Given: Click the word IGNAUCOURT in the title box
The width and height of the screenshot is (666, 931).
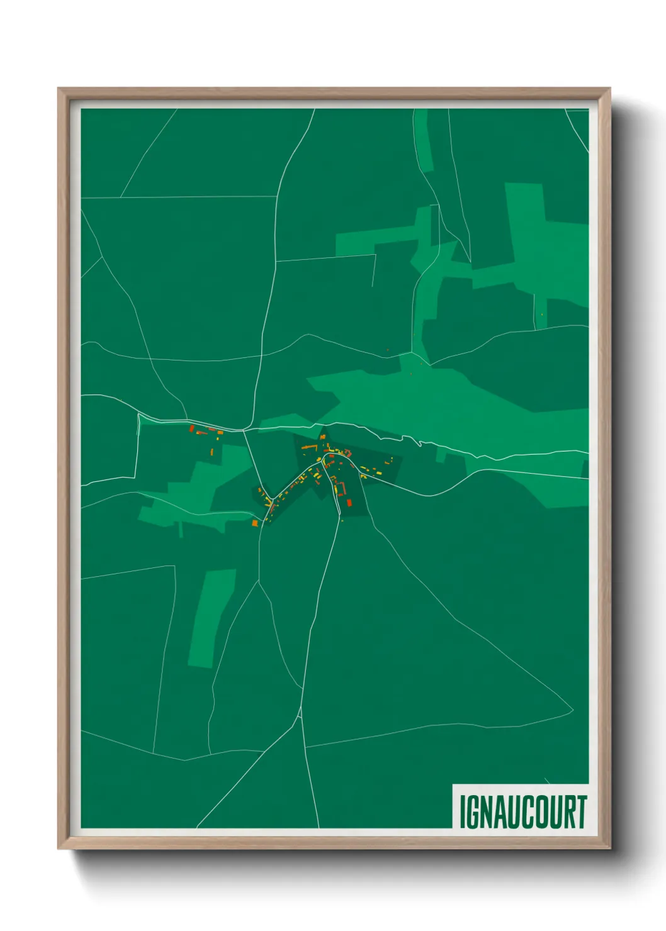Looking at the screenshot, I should coord(523,811).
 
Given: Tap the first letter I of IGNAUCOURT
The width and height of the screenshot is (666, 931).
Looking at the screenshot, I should coord(463,811).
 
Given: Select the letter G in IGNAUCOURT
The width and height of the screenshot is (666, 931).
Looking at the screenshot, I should coord(473,811).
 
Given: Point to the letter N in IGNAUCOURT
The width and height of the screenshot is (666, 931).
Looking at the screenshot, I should coord(487,811).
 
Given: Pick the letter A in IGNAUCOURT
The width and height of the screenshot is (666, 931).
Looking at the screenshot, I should coord(500,811).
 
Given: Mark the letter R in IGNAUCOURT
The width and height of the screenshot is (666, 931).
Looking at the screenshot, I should coord(569,811).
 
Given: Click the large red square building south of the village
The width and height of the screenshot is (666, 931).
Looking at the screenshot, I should coord(349,503).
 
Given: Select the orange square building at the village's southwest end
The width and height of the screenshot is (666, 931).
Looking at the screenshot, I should coord(255,523).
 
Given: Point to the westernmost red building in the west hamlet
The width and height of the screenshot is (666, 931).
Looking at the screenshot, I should coord(192,428).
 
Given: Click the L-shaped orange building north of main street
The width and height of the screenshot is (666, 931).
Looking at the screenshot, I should coord(310,447).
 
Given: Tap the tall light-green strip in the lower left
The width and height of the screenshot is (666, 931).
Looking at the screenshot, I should coord(211,616).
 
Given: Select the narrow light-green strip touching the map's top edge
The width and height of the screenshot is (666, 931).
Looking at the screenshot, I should coord(422,138).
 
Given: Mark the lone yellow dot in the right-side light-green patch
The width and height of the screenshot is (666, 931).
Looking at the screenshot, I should coord(542,315).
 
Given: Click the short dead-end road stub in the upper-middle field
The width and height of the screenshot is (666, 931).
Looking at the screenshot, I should coord(375,270).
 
